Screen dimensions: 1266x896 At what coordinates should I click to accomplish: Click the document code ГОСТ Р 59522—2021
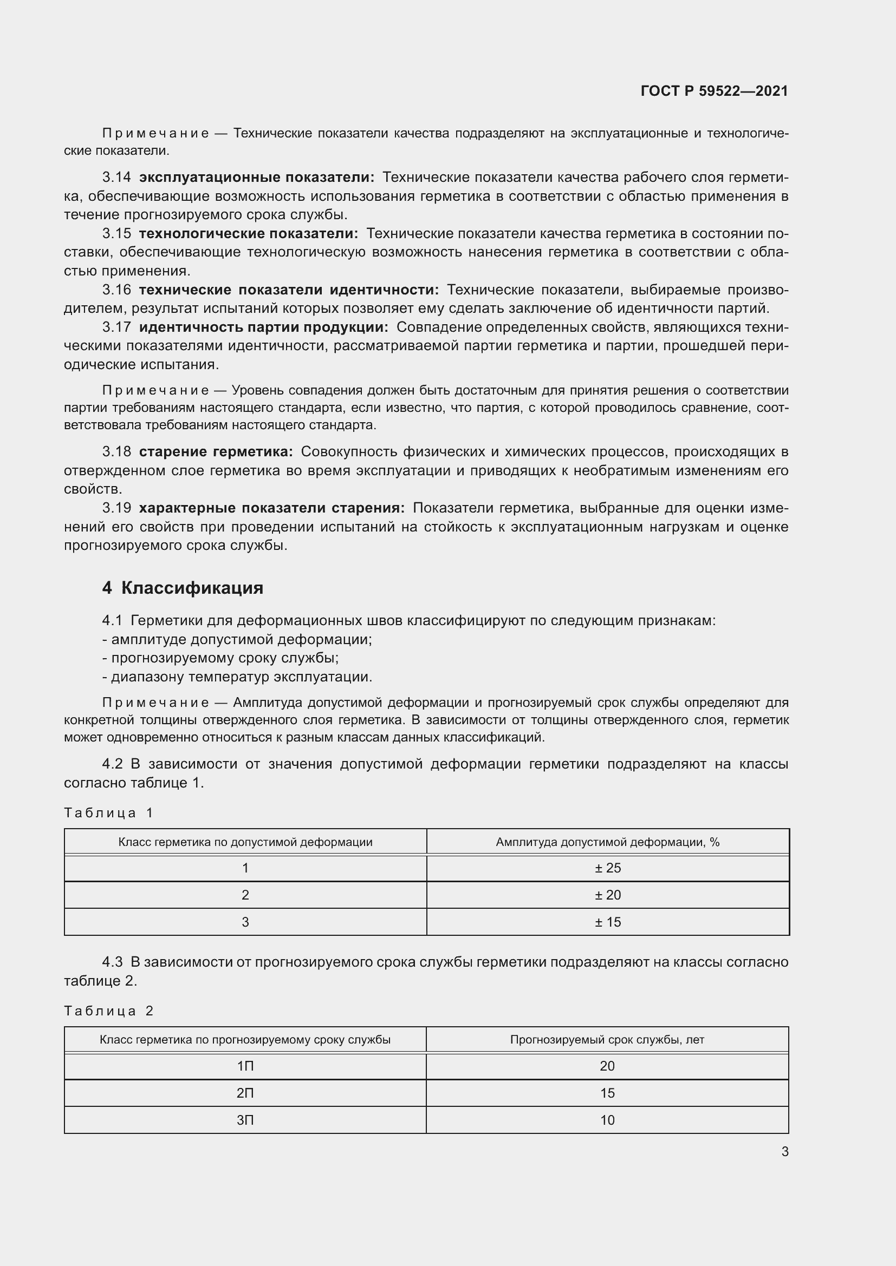pyautogui.click(x=714, y=91)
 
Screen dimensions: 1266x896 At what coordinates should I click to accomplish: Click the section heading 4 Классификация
pyautogui.click(x=183, y=588)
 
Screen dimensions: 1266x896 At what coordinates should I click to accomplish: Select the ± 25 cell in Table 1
pyautogui.click(x=607, y=868)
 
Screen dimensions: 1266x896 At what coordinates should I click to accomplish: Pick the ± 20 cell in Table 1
pyautogui.click(x=607, y=895)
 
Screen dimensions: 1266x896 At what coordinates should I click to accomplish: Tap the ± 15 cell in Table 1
pyautogui.click(x=607, y=922)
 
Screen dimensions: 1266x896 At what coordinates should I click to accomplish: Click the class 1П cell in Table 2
pyautogui.click(x=245, y=1066)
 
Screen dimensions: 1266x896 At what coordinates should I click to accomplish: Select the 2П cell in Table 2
pyautogui.click(x=245, y=1093)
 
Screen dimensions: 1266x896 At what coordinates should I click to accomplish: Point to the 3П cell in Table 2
pyautogui.click(x=245, y=1120)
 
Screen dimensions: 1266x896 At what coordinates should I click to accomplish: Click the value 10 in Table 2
pyautogui.click(x=607, y=1120)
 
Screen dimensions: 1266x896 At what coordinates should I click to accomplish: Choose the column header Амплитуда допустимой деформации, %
pyautogui.click(x=607, y=842)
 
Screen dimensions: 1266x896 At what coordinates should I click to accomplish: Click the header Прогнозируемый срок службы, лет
pyautogui.click(x=607, y=1039)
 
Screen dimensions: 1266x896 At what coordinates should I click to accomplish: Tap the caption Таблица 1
pyautogui.click(x=109, y=812)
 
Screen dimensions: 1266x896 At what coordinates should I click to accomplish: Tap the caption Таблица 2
pyautogui.click(x=109, y=1011)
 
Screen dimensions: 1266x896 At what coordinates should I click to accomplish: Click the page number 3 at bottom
pyautogui.click(x=784, y=1151)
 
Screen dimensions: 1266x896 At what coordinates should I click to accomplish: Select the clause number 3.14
pyautogui.click(x=116, y=178)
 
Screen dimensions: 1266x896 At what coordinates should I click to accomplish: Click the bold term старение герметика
pyautogui.click(x=216, y=451)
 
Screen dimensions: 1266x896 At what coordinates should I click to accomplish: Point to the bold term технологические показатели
pyautogui.click(x=248, y=234)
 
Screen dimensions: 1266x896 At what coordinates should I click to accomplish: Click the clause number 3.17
pyautogui.click(x=116, y=327)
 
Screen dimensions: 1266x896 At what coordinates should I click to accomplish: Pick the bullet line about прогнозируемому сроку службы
pyautogui.click(x=220, y=658)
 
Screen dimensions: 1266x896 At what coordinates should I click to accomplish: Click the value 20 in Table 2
pyautogui.click(x=607, y=1066)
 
